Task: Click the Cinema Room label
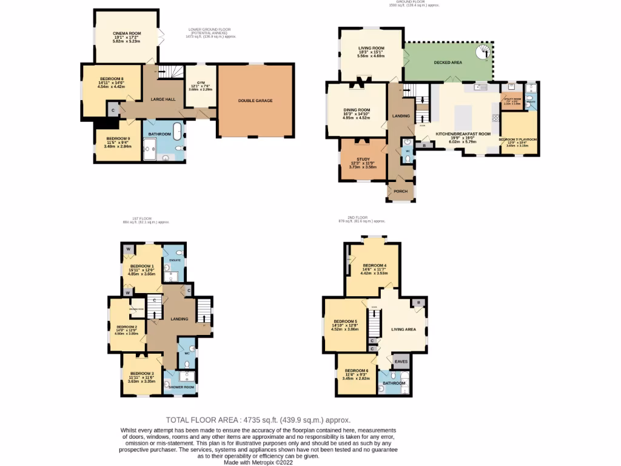tap(127, 33)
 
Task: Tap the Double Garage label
tap(255, 101)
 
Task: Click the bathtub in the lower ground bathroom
tap(178, 131)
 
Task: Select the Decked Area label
tap(448, 62)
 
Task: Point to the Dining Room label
tap(357, 110)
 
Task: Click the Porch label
tap(401, 191)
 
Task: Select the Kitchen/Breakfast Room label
tap(463, 133)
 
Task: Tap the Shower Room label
tap(181, 387)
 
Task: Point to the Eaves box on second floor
tap(401, 362)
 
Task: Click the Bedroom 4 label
tap(374, 265)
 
